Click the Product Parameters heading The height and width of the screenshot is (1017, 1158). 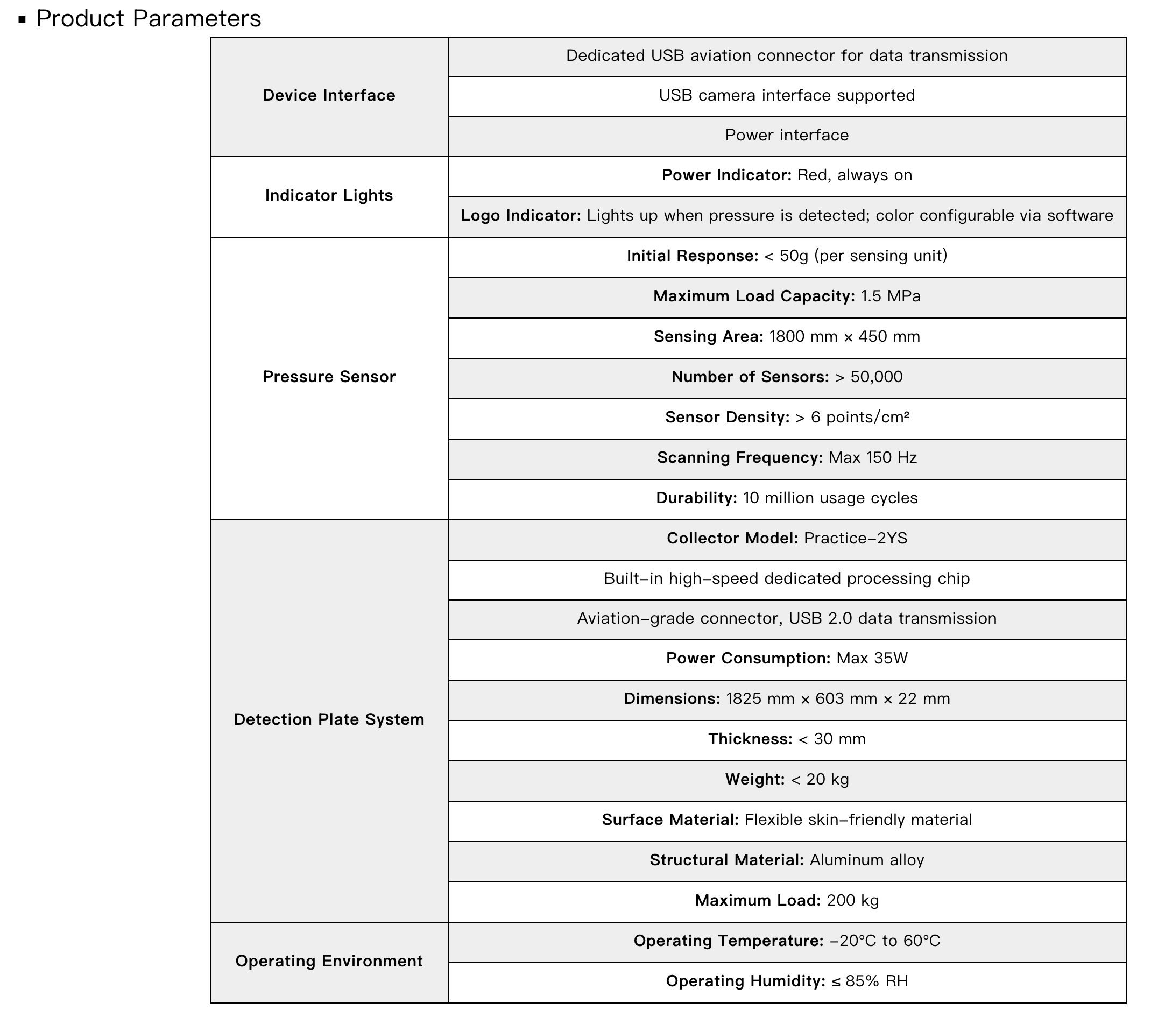[149, 19]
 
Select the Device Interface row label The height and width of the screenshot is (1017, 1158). [329, 95]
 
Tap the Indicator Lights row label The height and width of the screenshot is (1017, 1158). [329, 195]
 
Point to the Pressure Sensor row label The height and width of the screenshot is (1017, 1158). [329, 377]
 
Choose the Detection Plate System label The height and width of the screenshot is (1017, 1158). [329, 719]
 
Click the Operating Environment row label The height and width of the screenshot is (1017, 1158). [329, 961]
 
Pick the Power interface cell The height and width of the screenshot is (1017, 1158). [786, 136]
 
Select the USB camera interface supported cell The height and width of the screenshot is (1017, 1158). [786, 95]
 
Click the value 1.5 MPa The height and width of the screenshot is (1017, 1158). [890, 296]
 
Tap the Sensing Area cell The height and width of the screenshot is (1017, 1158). [786, 336]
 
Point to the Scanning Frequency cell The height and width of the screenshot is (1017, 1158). [786, 457]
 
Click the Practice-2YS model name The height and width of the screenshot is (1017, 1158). [855, 538]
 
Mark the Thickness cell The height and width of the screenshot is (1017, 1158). [786, 739]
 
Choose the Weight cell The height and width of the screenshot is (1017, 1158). [786, 780]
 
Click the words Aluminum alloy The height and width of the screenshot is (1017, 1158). [866, 860]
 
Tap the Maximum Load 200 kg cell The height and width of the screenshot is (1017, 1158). [786, 900]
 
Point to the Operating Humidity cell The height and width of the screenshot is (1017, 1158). [786, 981]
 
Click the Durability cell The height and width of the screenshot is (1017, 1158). [786, 498]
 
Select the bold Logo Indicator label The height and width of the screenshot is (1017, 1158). [521, 216]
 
